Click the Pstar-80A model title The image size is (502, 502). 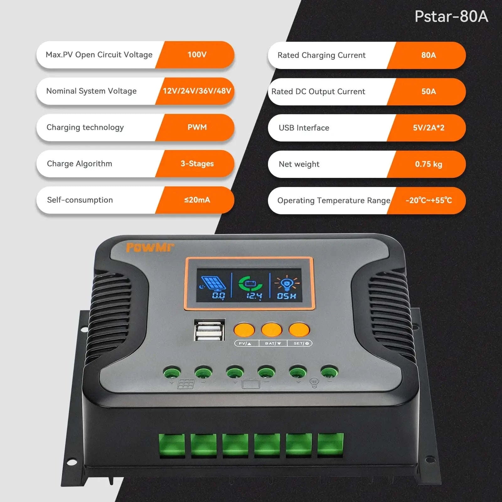click(451, 16)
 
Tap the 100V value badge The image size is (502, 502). click(197, 55)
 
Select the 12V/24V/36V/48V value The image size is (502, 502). click(197, 91)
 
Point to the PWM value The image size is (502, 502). click(197, 127)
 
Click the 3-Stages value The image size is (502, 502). click(197, 164)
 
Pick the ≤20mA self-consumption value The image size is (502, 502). click(197, 200)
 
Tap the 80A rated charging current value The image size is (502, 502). click(429, 55)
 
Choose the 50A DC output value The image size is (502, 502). click(429, 92)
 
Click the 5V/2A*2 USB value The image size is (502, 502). click(429, 128)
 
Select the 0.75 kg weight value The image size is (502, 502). click(429, 164)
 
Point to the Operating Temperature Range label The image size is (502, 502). click(334, 200)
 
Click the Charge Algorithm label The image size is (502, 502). click(79, 164)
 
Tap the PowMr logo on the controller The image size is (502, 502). click(150, 248)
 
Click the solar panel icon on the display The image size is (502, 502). click(213, 283)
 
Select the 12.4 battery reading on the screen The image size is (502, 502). click(254, 296)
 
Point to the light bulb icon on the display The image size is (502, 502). click(287, 283)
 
